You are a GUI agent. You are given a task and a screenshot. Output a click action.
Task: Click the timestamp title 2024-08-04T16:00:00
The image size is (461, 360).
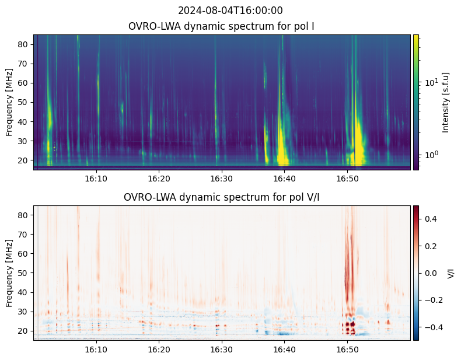pos(230,11)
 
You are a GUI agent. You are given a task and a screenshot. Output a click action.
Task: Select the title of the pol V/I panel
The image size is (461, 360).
pos(222,197)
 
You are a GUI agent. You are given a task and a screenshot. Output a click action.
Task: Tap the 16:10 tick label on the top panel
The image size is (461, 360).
pos(96,179)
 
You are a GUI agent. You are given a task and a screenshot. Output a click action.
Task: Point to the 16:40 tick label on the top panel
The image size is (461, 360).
pos(284,179)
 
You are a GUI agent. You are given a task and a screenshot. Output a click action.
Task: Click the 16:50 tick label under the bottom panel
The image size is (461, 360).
pos(347,349)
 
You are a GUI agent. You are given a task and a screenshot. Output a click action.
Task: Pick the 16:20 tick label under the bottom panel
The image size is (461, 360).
pos(159,349)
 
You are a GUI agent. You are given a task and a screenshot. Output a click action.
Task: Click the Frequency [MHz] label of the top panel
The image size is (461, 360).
pos(9,102)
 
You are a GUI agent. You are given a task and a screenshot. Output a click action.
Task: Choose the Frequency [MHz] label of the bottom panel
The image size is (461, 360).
pos(9,273)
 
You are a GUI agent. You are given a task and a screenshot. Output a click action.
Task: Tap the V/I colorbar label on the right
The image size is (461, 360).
pos(450,273)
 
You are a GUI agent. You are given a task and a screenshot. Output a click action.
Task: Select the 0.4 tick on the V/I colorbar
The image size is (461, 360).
pos(430,218)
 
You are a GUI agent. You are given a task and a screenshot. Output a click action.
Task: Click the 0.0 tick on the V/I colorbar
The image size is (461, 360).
pos(430,272)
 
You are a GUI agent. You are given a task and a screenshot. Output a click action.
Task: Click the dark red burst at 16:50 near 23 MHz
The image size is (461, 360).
pos(350,324)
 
